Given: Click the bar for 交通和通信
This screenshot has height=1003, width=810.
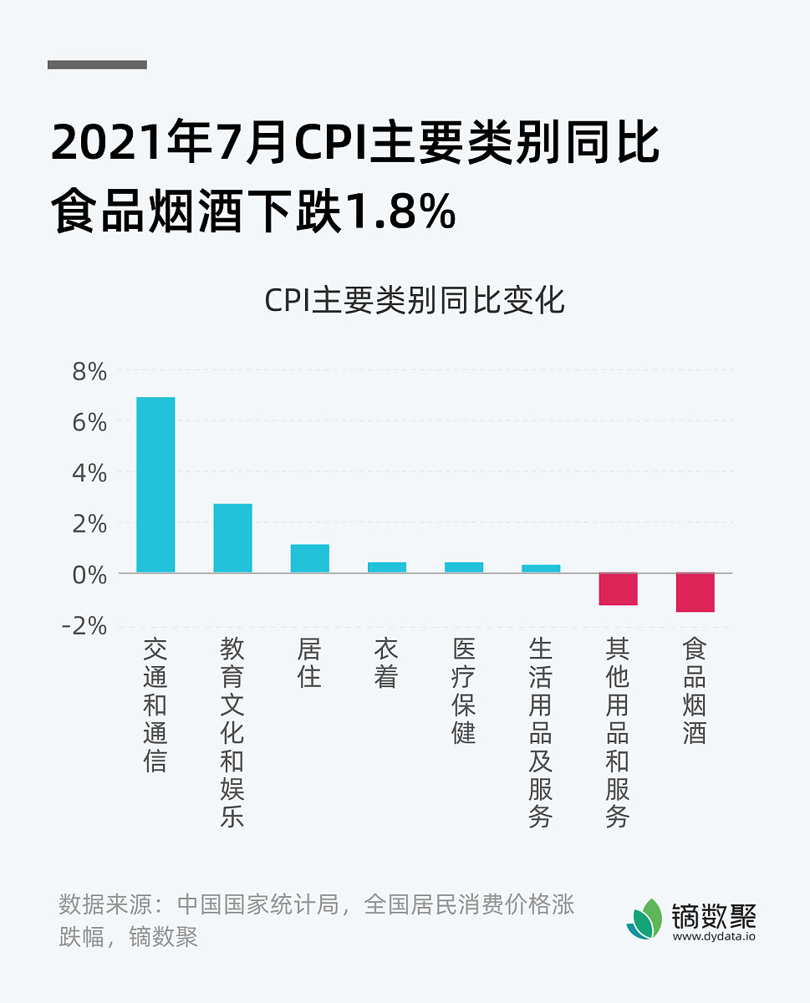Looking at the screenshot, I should (155, 485).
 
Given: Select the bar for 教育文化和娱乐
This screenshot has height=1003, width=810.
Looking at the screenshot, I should (232, 538).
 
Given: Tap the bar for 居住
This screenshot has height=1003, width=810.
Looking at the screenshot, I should (309, 558).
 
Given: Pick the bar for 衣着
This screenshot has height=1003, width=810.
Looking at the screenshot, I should (386, 568).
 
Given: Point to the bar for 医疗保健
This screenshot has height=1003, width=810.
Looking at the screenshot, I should (463, 568).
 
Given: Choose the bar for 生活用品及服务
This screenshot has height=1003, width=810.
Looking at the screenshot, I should (541, 568).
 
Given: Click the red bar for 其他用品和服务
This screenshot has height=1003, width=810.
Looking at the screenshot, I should (618, 588).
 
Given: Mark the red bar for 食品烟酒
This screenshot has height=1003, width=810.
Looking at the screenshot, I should (695, 592).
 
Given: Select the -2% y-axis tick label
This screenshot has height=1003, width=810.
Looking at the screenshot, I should (85, 625).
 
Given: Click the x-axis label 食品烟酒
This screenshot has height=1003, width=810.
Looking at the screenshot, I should (695, 690).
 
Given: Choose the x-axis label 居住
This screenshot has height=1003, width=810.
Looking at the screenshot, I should (309, 663).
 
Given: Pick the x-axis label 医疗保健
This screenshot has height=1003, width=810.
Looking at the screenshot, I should (463, 690).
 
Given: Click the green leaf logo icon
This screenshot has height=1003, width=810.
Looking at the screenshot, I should (644, 919).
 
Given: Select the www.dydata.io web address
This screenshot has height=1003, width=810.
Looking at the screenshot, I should (714, 937).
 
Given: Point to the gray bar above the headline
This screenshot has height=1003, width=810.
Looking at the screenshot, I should (97, 64).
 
